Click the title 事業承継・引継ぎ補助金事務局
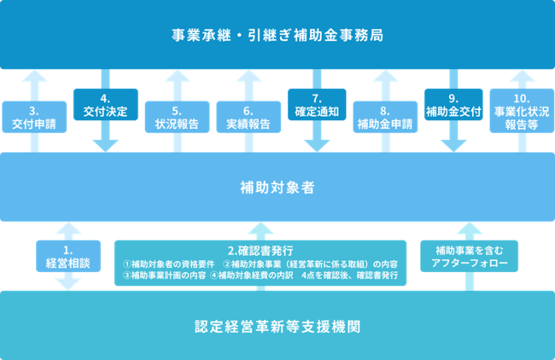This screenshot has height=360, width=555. tap(277, 35)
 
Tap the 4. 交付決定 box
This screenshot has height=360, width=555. tap(105, 105)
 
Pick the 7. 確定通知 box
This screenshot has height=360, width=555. tap(316, 105)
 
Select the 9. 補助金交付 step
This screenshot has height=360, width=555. tap(453, 105)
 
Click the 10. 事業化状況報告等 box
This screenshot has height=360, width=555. tap(521, 112)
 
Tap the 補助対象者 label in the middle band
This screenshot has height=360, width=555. tap(277, 186)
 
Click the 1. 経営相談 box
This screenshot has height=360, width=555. tap(67, 257)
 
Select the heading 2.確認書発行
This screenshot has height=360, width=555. tap(260, 250)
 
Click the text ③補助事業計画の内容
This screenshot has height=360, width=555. tap(164, 276)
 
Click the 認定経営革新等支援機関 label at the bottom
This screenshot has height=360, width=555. tap(277, 326)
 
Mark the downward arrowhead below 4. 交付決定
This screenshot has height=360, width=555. tap(105, 142)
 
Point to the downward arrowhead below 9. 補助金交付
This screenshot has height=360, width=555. tap(453, 142)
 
